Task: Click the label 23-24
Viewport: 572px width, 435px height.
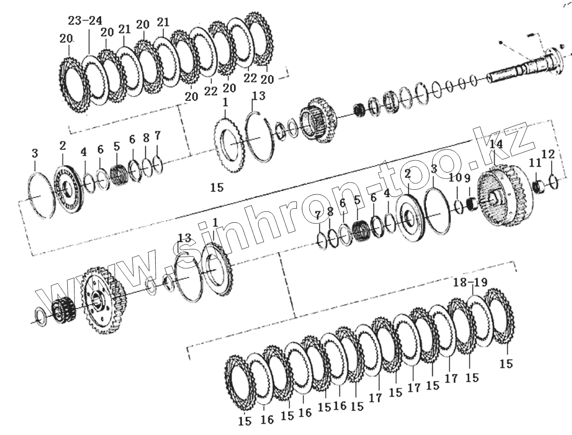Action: coord(85,20)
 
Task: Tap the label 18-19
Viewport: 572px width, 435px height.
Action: coord(471,283)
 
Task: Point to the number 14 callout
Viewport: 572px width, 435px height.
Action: coord(496,145)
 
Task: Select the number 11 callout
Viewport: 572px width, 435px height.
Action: coord(535,163)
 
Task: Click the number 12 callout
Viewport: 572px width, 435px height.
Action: coord(548,154)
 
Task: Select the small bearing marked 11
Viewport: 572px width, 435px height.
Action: coord(537,187)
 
